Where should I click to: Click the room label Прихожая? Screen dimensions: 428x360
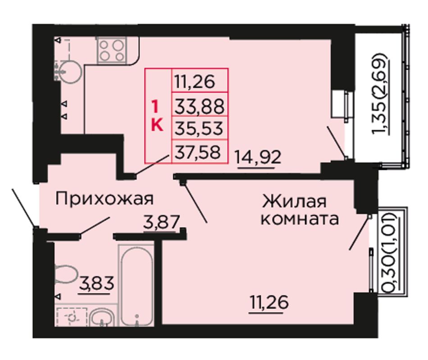104,199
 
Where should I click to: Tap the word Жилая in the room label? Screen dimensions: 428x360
294,202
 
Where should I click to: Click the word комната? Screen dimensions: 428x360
300,219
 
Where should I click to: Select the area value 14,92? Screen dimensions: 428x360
258,158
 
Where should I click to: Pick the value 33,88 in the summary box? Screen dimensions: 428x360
199,106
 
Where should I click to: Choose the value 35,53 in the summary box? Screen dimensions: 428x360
199,128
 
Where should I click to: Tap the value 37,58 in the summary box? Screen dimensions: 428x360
197,152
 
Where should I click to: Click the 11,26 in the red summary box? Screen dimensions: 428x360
194,82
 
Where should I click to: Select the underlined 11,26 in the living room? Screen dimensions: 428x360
269,302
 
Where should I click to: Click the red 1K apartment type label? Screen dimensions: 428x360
157,116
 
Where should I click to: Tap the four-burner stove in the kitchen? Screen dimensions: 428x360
112,50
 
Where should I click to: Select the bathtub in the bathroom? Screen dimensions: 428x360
136,286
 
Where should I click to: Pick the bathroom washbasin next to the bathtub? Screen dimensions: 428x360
102,318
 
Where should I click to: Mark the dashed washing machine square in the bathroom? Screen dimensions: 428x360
72,317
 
